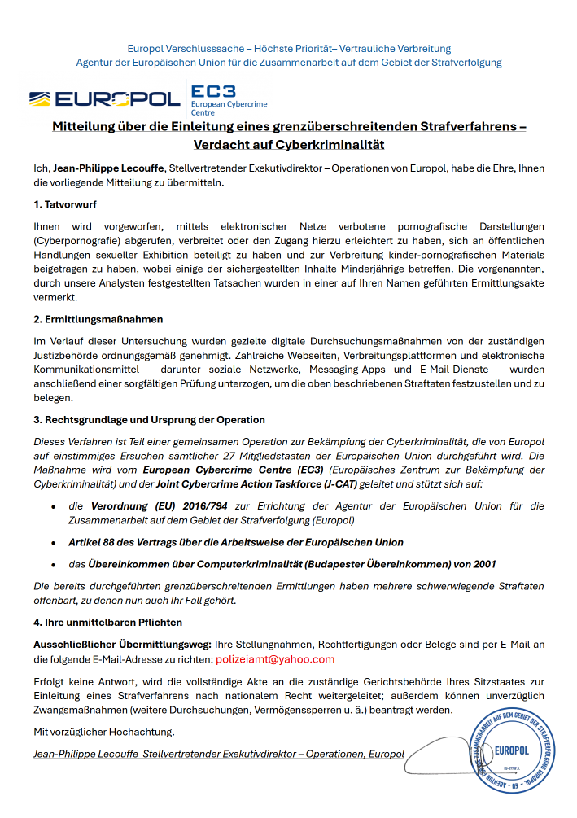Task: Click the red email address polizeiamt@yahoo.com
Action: coord(275,659)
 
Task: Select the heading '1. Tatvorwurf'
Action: coord(65,203)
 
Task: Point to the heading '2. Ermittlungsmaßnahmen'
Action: coord(98,319)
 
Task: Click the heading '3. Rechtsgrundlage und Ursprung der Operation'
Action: coord(149,420)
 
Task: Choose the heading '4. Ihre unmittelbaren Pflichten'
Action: coord(107,622)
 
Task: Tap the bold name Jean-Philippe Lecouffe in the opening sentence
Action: coord(107,168)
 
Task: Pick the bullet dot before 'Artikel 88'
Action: coord(53,542)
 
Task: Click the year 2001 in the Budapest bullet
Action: coord(482,564)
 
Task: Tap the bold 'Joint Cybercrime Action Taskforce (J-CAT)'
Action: coord(276,483)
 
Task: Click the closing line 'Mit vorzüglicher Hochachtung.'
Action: coord(104,732)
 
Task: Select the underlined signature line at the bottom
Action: coord(219,754)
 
